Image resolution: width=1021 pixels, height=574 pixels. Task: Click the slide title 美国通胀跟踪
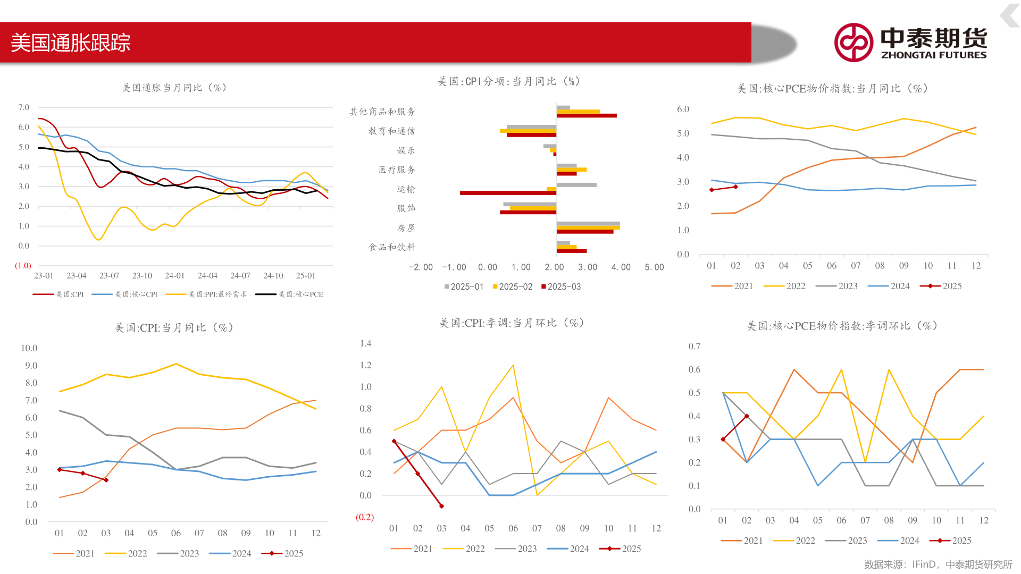click(x=71, y=43)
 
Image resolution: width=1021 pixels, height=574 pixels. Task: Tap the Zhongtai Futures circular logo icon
click(x=853, y=43)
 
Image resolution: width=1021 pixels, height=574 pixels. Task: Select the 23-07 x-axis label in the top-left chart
click(x=109, y=276)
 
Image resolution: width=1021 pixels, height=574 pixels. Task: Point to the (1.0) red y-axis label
click(x=23, y=266)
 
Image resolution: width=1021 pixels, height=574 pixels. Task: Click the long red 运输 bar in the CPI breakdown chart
click(x=508, y=193)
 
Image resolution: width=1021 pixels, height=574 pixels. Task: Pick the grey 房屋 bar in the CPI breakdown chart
click(x=588, y=224)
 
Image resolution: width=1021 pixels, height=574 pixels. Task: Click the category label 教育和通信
click(x=391, y=131)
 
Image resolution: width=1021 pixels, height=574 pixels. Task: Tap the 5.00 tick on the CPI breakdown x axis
click(x=654, y=267)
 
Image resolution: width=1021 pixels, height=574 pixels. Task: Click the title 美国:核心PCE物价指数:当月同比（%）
click(x=832, y=89)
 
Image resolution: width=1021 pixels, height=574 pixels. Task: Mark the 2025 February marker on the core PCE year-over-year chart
click(x=735, y=187)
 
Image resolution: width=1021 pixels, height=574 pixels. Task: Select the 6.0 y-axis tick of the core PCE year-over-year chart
click(x=683, y=109)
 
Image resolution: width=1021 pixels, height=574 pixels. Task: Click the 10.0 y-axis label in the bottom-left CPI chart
click(x=29, y=348)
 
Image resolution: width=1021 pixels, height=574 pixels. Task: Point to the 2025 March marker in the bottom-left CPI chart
click(x=106, y=480)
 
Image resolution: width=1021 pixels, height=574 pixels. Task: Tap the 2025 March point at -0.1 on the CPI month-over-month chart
click(x=441, y=506)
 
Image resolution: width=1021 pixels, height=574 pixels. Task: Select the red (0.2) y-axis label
click(x=365, y=517)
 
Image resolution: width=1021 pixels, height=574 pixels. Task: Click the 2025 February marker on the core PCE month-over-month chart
click(x=747, y=416)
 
